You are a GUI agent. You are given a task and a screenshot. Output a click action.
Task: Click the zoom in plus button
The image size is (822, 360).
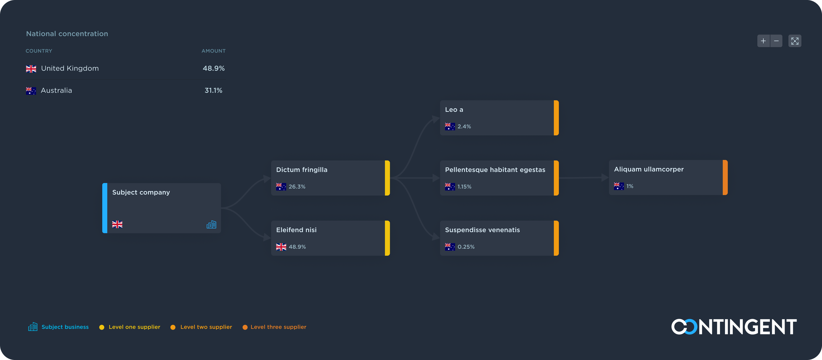click(763, 41)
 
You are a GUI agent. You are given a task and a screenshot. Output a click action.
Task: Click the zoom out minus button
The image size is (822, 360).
click(776, 41)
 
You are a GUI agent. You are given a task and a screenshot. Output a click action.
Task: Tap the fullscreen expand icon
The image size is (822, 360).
click(794, 41)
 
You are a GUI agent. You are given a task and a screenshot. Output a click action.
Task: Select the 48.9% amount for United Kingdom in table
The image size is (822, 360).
click(214, 68)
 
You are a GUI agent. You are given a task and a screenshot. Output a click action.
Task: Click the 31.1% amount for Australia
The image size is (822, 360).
click(213, 90)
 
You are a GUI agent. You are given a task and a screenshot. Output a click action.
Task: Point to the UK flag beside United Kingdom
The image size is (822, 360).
click(31, 69)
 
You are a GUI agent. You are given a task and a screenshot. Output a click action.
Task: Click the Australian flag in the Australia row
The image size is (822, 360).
click(31, 91)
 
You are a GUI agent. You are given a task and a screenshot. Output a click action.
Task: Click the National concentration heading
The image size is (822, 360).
click(67, 34)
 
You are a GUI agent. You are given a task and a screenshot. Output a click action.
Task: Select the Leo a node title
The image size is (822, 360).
click(454, 110)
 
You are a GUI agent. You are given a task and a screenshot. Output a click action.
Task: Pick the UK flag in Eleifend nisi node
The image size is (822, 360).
click(281, 247)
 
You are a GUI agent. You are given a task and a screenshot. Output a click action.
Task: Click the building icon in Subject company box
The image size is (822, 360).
click(211, 225)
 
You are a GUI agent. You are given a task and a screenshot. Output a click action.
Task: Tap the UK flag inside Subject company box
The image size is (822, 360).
click(117, 224)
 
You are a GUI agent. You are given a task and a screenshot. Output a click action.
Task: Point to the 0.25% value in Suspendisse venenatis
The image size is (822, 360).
click(466, 247)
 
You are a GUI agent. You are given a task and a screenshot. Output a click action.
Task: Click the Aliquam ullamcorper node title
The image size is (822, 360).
click(649, 169)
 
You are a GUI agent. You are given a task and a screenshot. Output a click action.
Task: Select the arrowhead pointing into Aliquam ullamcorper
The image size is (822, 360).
click(605, 177)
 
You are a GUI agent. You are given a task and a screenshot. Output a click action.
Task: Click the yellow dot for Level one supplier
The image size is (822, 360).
click(102, 327)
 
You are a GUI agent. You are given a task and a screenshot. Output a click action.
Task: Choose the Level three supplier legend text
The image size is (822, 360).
click(278, 327)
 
